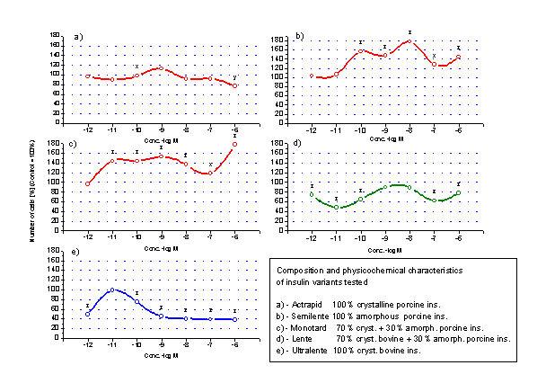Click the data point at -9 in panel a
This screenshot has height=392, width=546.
coord(161,68)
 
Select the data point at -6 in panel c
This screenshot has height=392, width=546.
coord(234,144)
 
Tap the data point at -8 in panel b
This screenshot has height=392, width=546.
coord(409,41)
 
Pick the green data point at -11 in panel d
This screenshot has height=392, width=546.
coord(336,208)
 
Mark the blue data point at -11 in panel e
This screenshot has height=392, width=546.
coord(112,290)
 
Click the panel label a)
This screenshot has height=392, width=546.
coord(79,37)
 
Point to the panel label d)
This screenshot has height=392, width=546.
coord(297,144)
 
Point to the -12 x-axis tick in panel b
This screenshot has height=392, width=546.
coord(312,129)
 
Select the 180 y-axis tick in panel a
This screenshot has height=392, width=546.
coord(56,36)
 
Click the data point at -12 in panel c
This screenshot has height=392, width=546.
coord(88,184)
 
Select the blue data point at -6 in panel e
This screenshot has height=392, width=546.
coord(234,319)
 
